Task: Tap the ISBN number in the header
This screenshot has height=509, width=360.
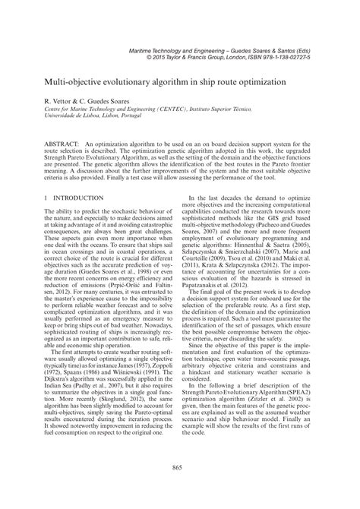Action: (298, 56)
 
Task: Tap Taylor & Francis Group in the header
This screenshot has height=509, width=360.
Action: (185, 56)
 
